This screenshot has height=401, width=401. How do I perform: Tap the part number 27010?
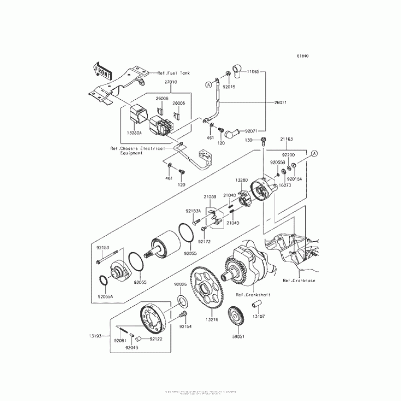[x=170, y=81]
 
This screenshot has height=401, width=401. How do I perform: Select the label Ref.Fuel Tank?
[x=172, y=73]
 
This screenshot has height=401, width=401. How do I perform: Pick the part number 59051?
[x=239, y=336]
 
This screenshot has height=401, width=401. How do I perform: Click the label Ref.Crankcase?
[x=299, y=281]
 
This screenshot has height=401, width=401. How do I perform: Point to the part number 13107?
[x=259, y=316]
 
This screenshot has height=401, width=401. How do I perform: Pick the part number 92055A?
[x=105, y=297]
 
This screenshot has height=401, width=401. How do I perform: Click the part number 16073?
[x=285, y=185]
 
